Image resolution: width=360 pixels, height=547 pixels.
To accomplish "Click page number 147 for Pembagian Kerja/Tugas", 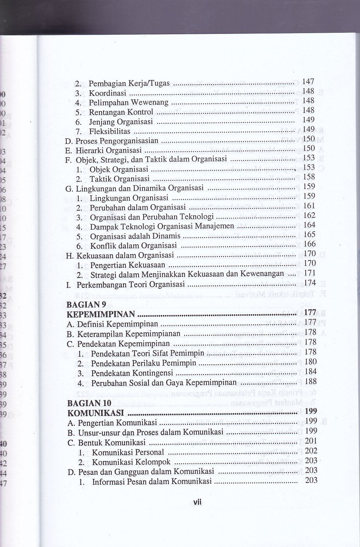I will click(308, 82).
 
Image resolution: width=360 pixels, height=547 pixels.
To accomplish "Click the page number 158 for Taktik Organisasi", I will click(309, 177).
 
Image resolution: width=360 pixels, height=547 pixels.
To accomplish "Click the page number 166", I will click(309, 244).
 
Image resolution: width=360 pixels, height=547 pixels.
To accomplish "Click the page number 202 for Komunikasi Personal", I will click(311, 450).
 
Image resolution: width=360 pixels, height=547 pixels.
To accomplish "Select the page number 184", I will click(311, 371).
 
